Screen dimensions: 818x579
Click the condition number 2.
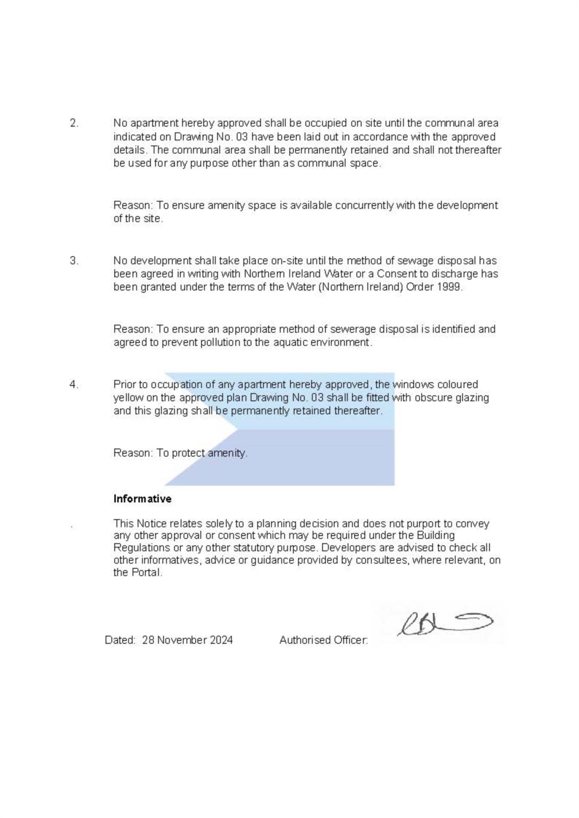point(74,124)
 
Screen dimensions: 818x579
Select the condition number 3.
point(74,261)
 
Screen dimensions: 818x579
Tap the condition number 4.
point(74,385)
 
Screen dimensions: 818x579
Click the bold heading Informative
point(142,499)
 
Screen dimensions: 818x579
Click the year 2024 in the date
point(221,640)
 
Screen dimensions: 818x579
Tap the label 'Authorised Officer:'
point(324,640)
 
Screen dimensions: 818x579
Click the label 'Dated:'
point(120,640)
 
